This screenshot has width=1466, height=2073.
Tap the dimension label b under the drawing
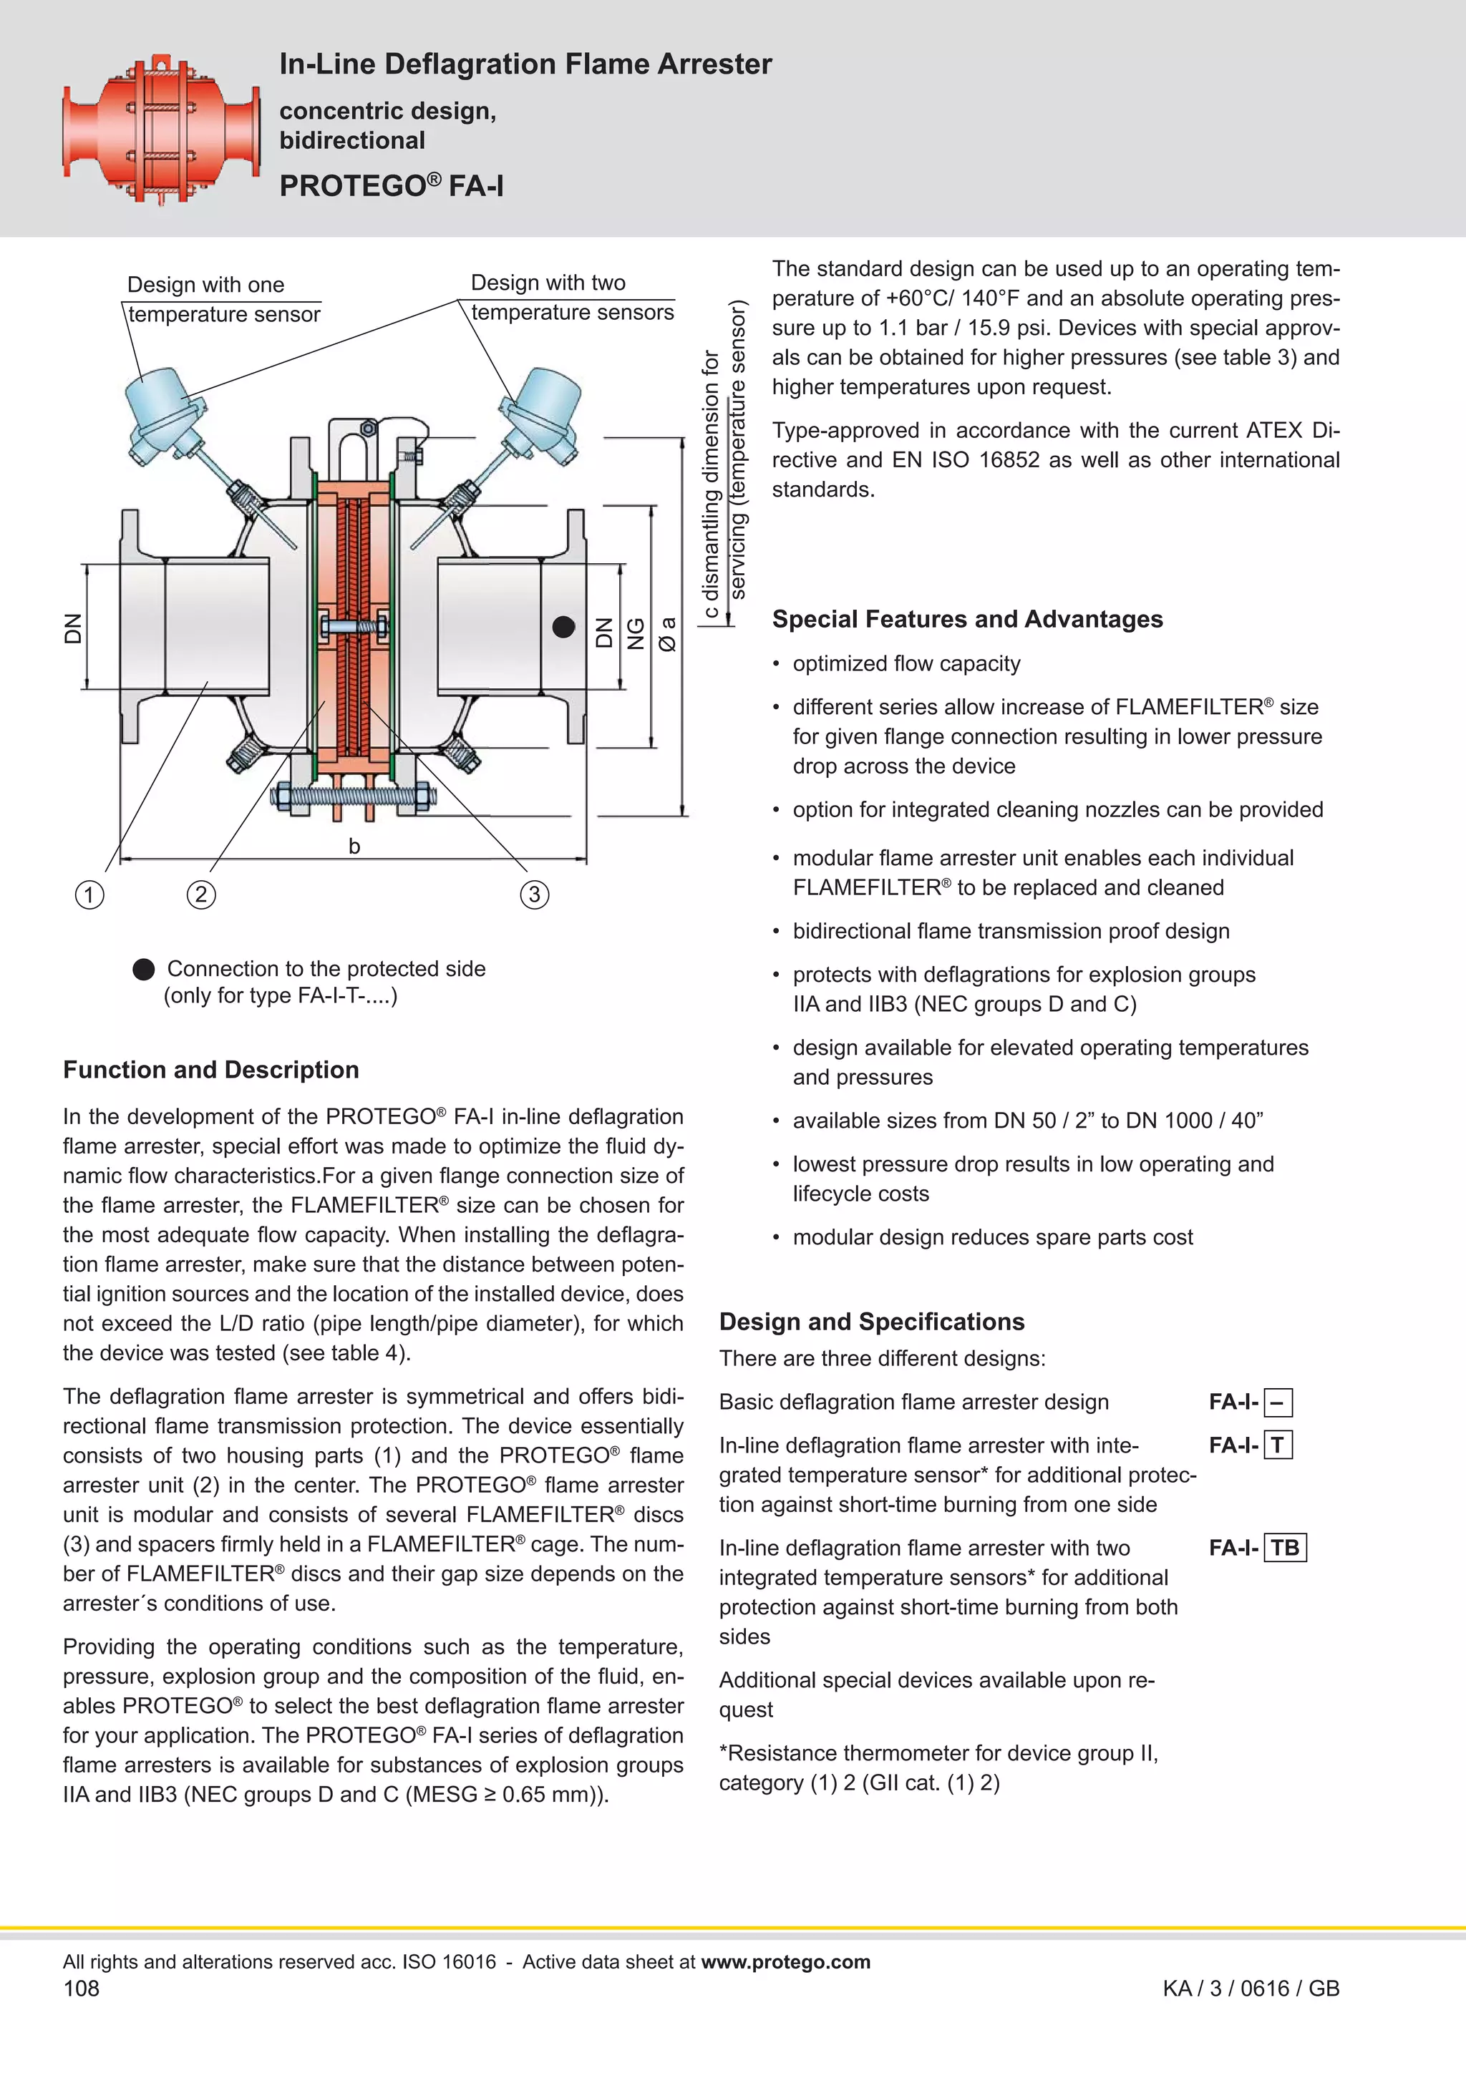pyautogui.click(x=354, y=846)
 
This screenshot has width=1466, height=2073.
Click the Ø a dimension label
pyautogui.click(x=668, y=634)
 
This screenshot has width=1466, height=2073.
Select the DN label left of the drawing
pyautogui.click(x=72, y=628)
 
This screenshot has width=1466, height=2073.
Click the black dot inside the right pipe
pyautogui.click(x=563, y=627)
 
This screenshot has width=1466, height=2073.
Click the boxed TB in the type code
pyautogui.click(x=1284, y=1548)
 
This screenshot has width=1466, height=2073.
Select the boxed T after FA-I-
pyautogui.click(x=1277, y=1445)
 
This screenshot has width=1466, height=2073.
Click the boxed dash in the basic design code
pyautogui.click(x=1277, y=1403)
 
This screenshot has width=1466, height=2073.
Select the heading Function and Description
pyautogui.click(x=210, y=1070)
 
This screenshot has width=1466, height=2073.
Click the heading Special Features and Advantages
pyautogui.click(x=966, y=620)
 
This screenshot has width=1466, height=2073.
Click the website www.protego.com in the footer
pyautogui.click(x=785, y=1962)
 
